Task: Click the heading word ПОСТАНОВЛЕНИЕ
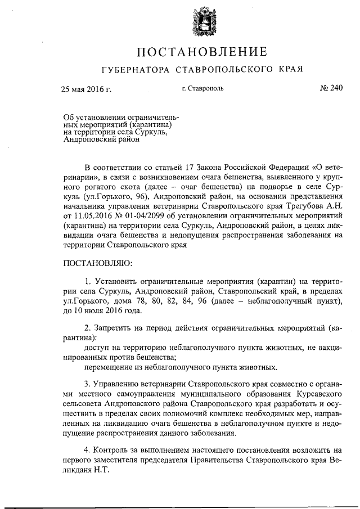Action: tap(200, 53)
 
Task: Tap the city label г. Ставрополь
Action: tap(202, 89)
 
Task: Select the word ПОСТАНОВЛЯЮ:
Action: tap(97, 262)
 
